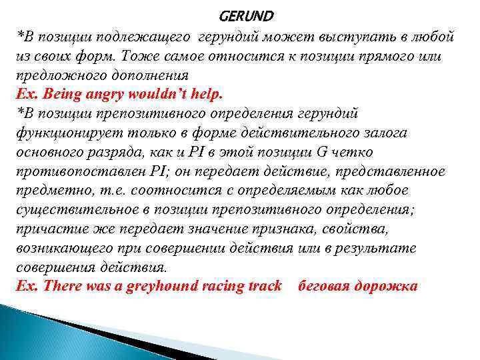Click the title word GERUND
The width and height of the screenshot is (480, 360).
coord(245,15)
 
